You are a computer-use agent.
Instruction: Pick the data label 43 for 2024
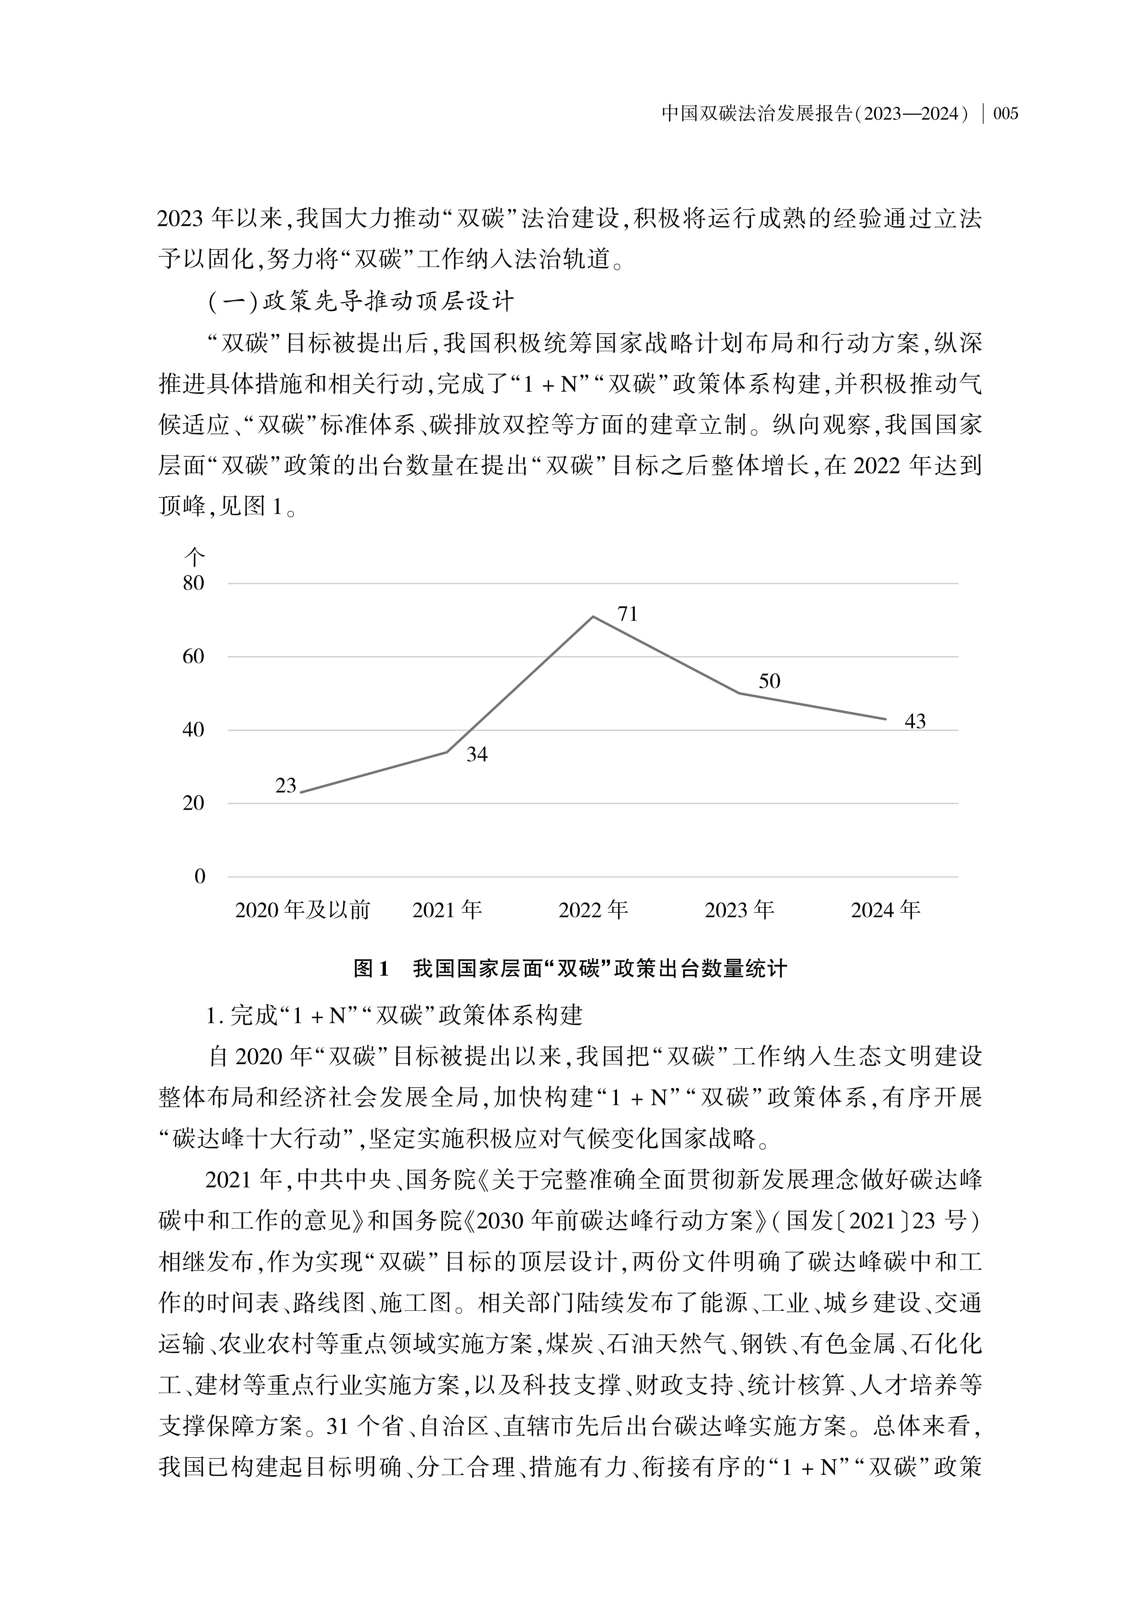[x=914, y=721]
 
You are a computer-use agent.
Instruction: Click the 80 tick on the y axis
[x=193, y=583]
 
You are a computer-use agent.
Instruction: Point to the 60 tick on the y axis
[x=193, y=656]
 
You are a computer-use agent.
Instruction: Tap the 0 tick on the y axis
[x=199, y=876]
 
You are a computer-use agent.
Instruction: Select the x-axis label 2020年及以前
[x=303, y=910]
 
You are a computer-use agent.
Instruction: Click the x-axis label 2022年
[x=593, y=910]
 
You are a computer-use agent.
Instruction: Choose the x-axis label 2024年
[x=885, y=910]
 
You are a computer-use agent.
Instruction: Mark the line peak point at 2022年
[x=593, y=617]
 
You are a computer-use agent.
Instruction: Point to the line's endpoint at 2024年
[x=885, y=719]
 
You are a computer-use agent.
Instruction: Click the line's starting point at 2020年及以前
[x=302, y=792]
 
